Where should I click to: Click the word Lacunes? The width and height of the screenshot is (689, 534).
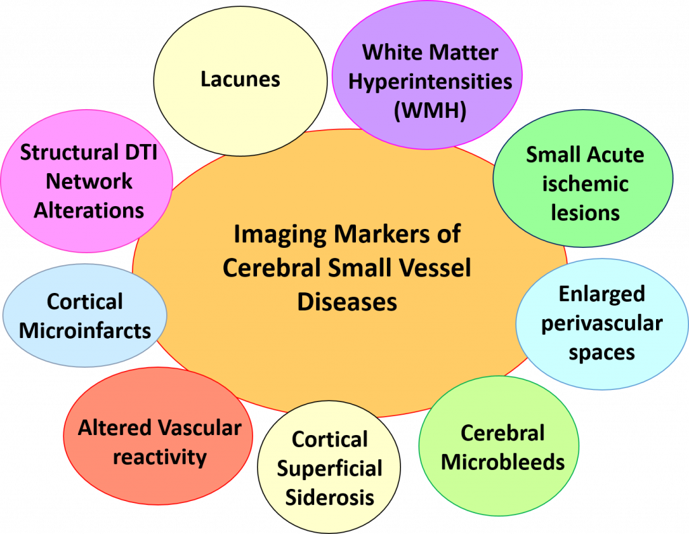(x=240, y=79)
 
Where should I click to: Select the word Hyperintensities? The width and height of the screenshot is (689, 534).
(x=430, y=81)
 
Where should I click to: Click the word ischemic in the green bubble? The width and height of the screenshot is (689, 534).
(x=585, y=184)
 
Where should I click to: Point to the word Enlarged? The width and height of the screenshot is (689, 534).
(x=602, y=294)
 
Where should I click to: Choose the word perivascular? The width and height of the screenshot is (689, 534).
(x=602, y=323)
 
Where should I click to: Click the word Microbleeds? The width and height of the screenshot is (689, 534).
(x=503, y=463)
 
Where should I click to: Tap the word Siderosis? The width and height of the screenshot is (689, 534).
(x=330, y=498)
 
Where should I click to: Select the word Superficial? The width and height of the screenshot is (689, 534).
(x=330, y=469)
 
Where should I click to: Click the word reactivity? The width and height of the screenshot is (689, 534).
(x=159, y=457)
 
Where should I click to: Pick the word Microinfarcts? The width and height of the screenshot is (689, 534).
(x=85, y=330)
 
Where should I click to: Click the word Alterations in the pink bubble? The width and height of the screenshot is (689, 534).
(x=89, y=210)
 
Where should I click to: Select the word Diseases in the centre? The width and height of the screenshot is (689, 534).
(x=347, y=302)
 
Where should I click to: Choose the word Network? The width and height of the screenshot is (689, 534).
(x=89, y=181)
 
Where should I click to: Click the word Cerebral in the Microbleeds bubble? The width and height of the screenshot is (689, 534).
(x=503, y=433)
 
